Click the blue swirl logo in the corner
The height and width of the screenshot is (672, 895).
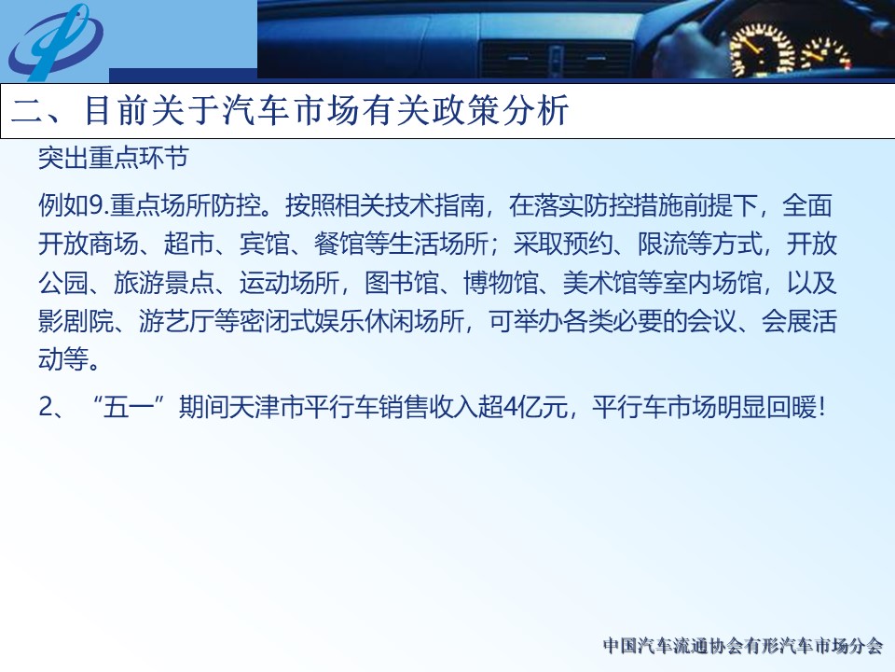click(55, 42)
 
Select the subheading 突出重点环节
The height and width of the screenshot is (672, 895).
click(113, 159)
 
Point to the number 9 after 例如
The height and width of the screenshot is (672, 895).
click(95, 205)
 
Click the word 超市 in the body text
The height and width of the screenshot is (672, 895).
click(188, 244)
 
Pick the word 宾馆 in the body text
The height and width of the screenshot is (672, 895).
click(264, 244)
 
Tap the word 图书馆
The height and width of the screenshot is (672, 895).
click(401, 282)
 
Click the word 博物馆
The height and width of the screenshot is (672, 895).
click(501, 282)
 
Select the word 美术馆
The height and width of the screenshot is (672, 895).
click(599, 282)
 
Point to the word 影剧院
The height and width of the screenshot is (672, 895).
click(76, 321)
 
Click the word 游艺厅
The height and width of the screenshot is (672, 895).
click(176, 321)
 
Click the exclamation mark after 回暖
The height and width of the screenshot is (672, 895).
click(821, 408)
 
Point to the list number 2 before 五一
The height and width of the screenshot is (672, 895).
click(45, 408)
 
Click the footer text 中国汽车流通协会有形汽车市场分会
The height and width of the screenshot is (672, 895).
click(743, 646)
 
